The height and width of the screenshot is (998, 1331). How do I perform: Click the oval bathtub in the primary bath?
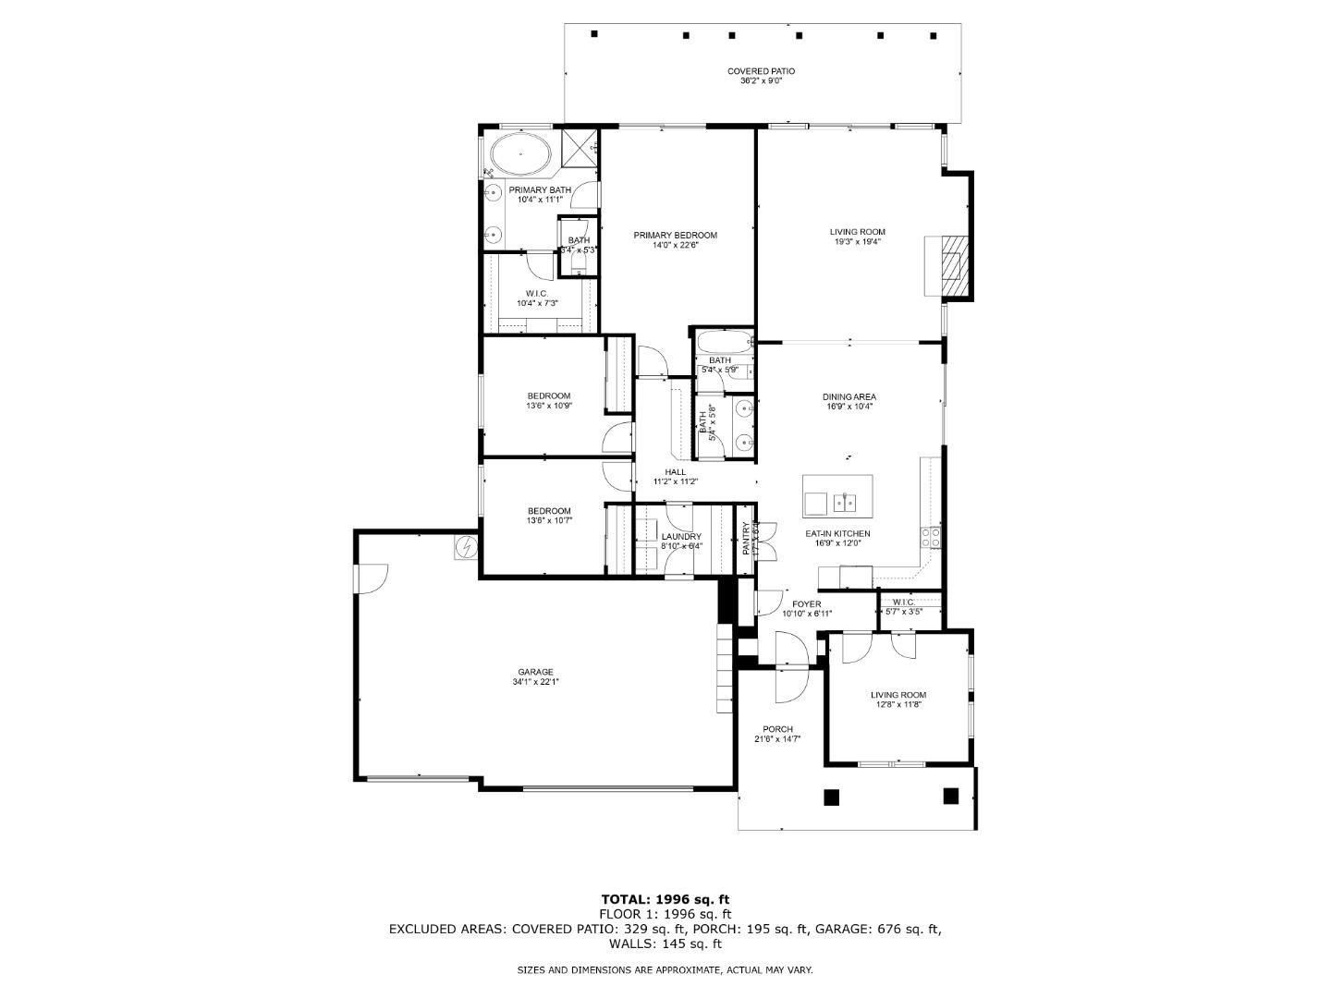519,154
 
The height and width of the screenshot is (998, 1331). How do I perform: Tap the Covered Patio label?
761,76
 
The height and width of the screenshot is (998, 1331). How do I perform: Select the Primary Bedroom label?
675,240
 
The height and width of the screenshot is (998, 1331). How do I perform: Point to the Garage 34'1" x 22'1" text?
535,676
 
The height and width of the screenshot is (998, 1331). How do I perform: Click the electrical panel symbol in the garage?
466,548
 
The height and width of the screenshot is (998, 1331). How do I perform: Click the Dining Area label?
849,401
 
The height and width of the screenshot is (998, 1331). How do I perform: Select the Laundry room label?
681,541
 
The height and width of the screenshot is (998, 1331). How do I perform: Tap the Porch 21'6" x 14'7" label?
777,734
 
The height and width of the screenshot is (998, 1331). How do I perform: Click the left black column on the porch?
831,797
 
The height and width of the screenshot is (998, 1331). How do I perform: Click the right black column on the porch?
951,795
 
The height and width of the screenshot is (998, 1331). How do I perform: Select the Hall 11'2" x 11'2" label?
675,476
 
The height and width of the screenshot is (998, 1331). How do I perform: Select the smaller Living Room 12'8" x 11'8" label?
898,700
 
